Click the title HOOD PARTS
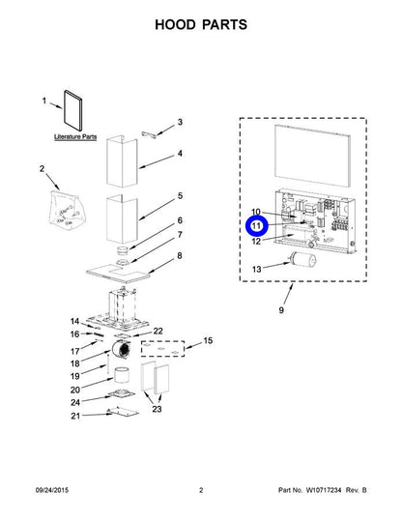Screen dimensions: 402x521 pyautogui.click(x=201, y=24)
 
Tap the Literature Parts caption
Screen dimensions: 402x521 pyautogui.click(x=75, y=136)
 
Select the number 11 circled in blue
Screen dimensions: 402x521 pyautogui.click(x=256, y=226)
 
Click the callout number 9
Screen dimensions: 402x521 pyautogui.click(x=281, y=310)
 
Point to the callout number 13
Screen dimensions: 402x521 pyautogui.click(x=256, y=269)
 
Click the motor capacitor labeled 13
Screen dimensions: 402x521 pyautogui.click(x=302, y=259)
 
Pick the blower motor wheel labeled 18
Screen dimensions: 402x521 pyautogui.click(x=121, y=350)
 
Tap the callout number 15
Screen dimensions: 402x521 pyautogui.click(x=208, y=340)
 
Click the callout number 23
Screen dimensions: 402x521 pyautogui.click(x=157, y=408)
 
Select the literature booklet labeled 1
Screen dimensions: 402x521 pyautogui.click(x=72, y=110)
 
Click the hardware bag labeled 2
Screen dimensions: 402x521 pyautogui.click(x=67, y=210)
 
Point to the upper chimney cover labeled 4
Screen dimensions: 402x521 pyautogui.click(x=122, y=161)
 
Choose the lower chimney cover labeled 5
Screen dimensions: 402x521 pyautogui.click(x=122, y=219)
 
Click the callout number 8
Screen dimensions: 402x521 pyautogui.click(x=180, y=255)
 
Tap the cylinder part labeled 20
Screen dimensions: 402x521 pyautogui.click(x=121, y=375)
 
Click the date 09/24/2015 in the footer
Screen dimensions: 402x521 pyautogui.click(x=52, y=490)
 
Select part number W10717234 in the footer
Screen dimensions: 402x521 pyautogui.click(x=324, y=490)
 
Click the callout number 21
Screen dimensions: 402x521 pyautogui.click(x=75, y=416)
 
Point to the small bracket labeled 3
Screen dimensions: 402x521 pyautogui.click(x=149, y=133)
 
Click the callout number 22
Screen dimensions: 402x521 pyautogui.click(x=158, y=331)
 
